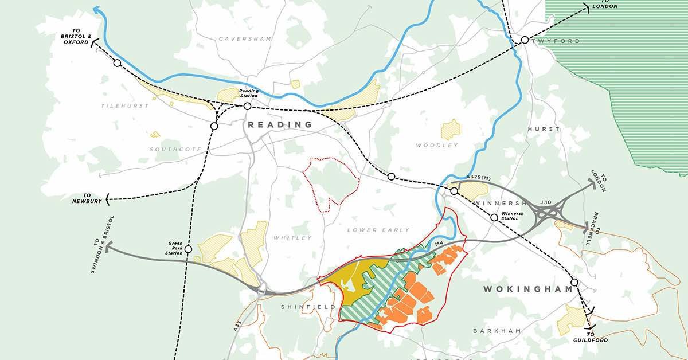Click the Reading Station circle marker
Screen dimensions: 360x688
247,106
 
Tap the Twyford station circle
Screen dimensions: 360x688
525,40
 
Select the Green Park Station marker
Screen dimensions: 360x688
188,249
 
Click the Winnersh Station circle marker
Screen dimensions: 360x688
494,218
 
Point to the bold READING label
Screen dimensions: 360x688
280,124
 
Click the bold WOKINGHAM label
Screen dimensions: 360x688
528,289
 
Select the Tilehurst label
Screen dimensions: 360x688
125,106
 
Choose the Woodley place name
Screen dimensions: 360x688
437,145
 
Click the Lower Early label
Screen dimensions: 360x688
378,230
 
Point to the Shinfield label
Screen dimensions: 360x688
308,307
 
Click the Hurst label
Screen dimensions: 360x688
543,129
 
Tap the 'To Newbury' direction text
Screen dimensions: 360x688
87,198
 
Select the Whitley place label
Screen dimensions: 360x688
292,237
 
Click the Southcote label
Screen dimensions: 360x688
175,149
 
